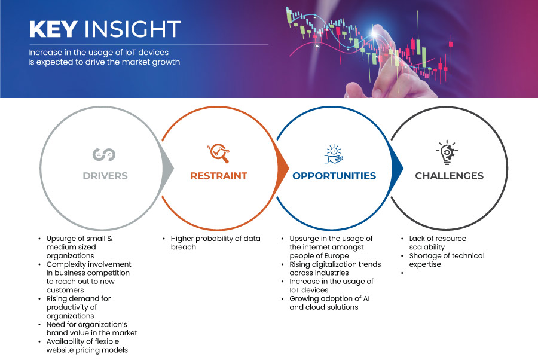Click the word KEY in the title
[53, 29]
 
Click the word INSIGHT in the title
[133, 29]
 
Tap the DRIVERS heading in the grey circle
[105, 176]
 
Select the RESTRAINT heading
[219, 176]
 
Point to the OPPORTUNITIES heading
[334, 176]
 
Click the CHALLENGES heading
[449, 176]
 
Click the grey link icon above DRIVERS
[104, 154]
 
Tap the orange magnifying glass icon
[219, 153]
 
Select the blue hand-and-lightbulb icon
[334, 154]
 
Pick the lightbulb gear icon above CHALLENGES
[447, 152]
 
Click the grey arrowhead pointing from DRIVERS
[167, 168]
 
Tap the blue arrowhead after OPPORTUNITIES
[398, 168]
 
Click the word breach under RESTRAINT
[184, 247]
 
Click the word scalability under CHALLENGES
[427, 247]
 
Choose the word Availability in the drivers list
[64, 342]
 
